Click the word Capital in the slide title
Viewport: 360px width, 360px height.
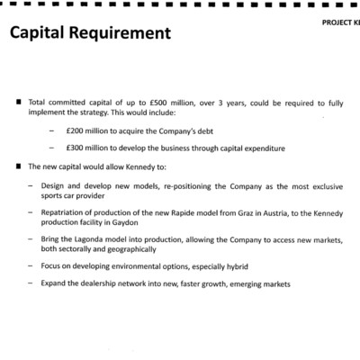click(37, 35)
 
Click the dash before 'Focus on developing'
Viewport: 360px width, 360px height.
click(31, 267)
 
